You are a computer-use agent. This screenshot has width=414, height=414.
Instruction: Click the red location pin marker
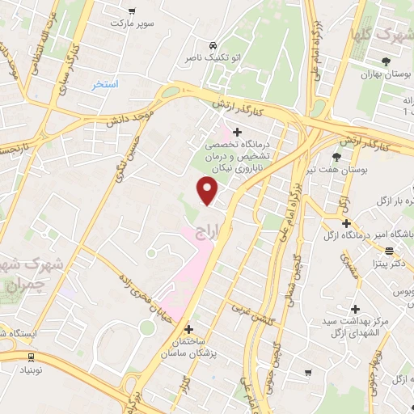[208, 191]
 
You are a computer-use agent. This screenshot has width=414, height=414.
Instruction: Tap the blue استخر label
[105, 84]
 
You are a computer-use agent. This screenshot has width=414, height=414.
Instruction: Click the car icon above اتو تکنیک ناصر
[212, 45]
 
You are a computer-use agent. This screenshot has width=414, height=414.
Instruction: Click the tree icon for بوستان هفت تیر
[337, 157]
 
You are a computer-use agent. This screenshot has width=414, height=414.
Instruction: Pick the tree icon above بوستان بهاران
[387, 61]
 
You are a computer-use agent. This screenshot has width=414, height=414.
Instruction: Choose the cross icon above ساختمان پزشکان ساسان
[189, 329]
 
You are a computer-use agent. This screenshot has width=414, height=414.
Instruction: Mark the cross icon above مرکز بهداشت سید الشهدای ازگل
[355, 309]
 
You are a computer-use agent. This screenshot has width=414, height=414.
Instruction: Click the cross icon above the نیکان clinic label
[236, 132]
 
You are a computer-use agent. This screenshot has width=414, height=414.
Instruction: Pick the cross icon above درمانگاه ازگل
[345, 223]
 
